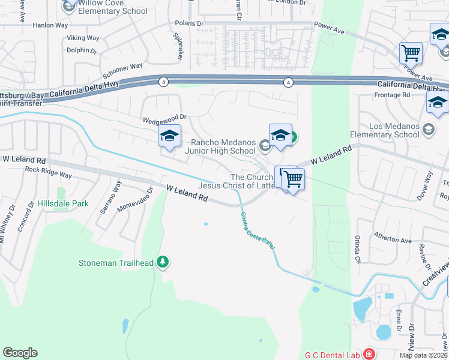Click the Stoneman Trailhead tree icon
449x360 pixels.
pos(162,262)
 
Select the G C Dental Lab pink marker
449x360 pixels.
pos(367,355)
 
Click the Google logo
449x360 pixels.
pos(20,353)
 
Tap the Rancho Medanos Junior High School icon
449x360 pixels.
pos(264,145)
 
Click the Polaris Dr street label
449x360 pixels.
pos(189,23)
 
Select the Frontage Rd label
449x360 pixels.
pos(391,95)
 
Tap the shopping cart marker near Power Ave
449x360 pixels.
pos(411,53)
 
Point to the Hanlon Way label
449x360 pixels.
pos(50,25)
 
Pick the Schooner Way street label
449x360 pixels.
pos(122,70)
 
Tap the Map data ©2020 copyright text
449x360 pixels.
pos(423,355)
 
